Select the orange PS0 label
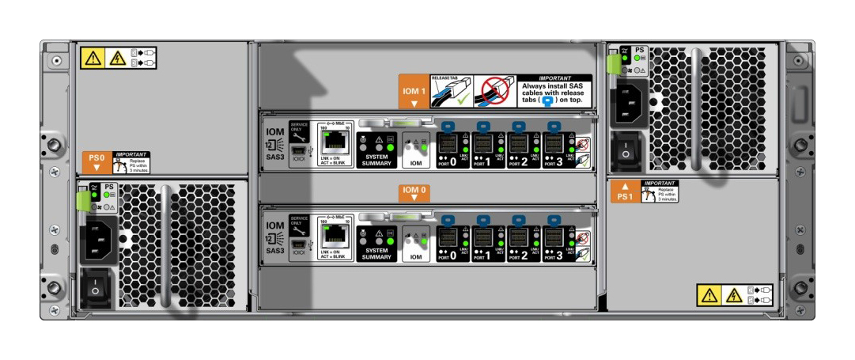(x=97, y=161)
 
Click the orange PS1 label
(x=625, y=191)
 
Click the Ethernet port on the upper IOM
(x=336, y=143)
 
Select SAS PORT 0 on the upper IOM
(x=448, y=145)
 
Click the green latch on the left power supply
(x=81, y=201)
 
